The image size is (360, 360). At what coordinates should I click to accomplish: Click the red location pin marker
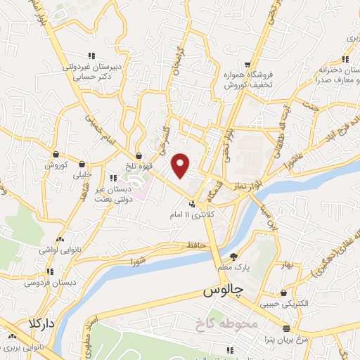tap(181, 165)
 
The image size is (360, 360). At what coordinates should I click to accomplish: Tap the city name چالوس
tap(223, 290)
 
